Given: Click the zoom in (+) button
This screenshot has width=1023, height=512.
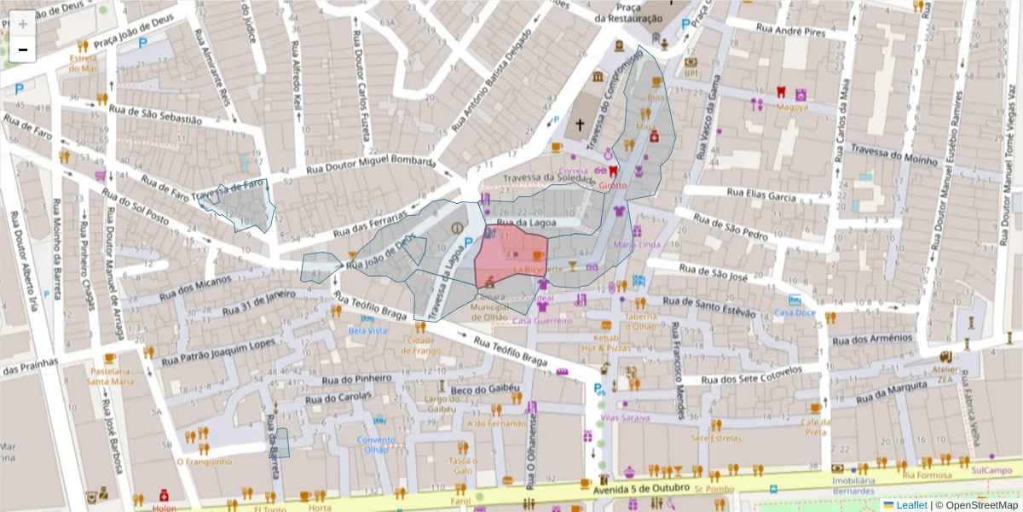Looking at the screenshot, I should click(x=23, y=24).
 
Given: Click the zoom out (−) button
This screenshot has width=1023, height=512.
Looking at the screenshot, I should click(x=23, y=49).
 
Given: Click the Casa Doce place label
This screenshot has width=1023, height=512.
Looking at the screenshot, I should click(x=795, y=312).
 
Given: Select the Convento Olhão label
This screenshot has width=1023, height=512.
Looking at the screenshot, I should click(x=376, y=445).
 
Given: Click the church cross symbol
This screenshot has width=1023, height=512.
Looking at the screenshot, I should click(x=580, y=125).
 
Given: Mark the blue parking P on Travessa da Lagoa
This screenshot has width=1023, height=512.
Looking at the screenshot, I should click(x=468, y=243).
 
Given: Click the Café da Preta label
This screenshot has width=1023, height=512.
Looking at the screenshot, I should click(x=815, y=427).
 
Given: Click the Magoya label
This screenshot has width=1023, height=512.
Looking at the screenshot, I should click(x=792, y=108).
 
